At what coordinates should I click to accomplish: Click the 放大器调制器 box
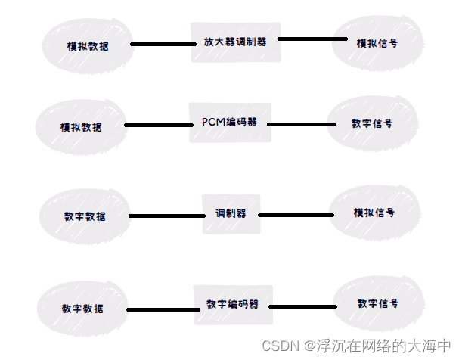coord(234,42)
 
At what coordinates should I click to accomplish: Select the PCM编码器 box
coord(229,123)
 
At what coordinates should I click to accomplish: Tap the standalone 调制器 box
coord(231,213)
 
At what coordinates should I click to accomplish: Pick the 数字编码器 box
coord(232,304)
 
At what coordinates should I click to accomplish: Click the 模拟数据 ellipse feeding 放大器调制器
coord(87,45)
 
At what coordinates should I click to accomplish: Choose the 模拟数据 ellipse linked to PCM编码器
coord(81,126)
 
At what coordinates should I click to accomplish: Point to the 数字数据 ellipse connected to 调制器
coord(85,216)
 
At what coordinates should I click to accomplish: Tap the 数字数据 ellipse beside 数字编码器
coord(82,309)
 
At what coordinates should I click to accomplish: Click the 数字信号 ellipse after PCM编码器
coord(371,123)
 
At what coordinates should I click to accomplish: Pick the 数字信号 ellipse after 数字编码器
coord(377,303)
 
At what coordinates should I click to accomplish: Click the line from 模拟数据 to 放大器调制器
coord(163,45)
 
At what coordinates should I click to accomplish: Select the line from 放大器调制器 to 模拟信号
coord(308,39)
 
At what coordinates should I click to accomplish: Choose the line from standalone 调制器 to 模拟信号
coord(296,215)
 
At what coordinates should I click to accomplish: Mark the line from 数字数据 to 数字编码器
coord(160,309)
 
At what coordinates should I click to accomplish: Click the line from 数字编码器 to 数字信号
coord(302,306)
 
